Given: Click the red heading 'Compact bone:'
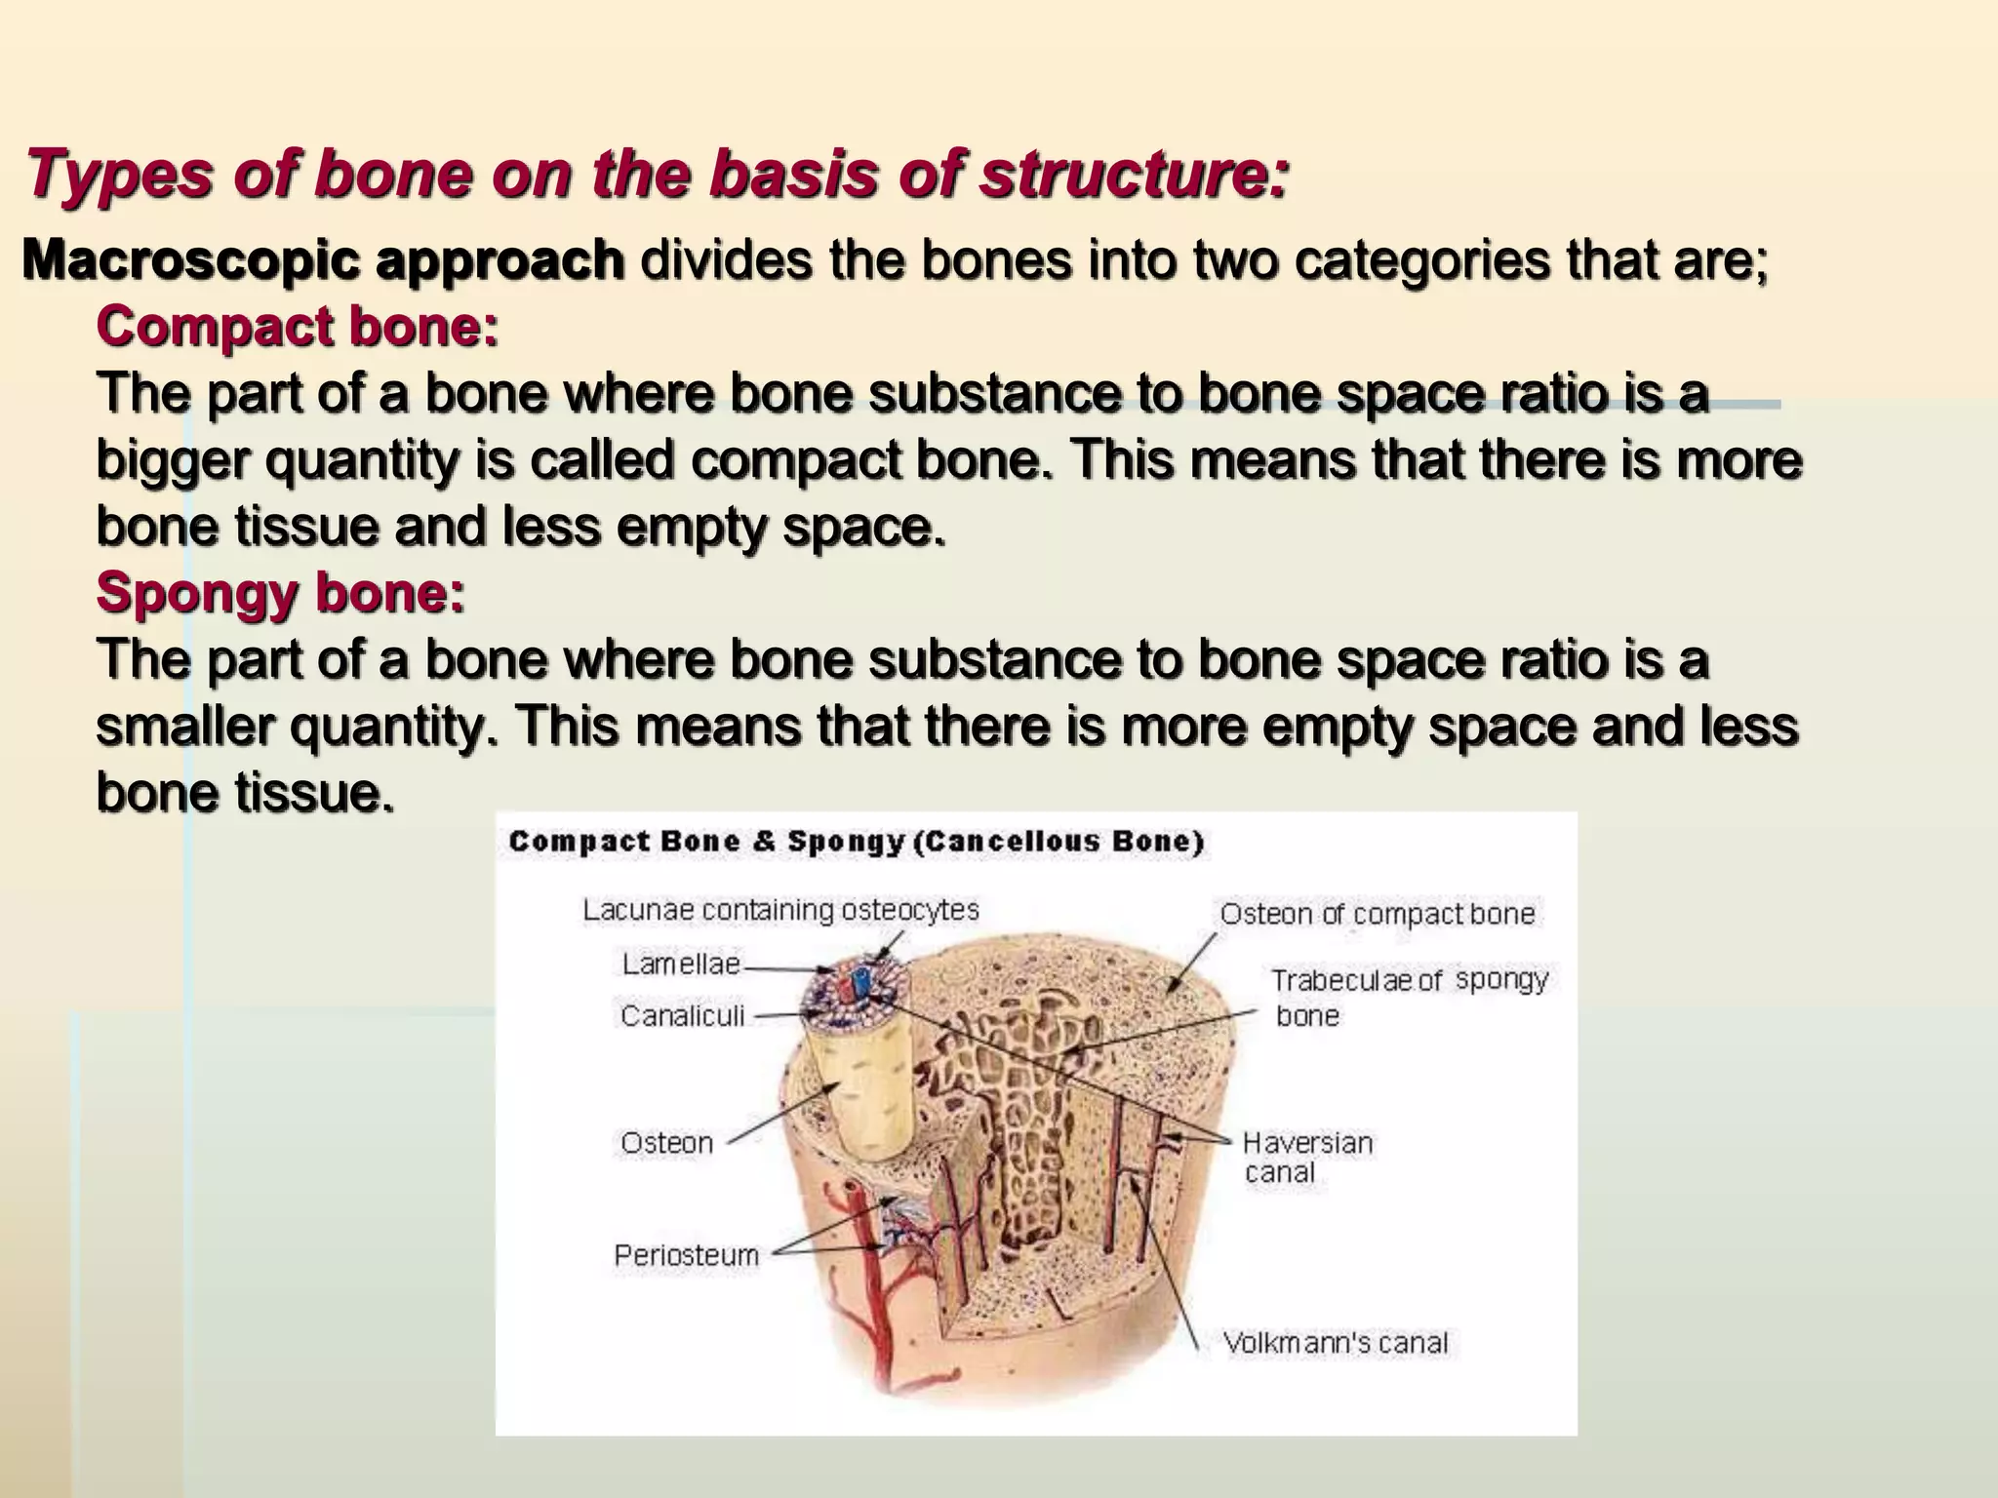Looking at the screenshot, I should (x=298, y=327).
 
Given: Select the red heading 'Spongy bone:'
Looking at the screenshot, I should (x=281, y=592).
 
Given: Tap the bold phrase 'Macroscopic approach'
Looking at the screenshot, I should (x=323, y=260).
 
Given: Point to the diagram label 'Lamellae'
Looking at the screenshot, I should (x=681, y=965).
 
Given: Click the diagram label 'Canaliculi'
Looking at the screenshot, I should (x=682, y=1016).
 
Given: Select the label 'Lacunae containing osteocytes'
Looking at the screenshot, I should (x=780, y=910).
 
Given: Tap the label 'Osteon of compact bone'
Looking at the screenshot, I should (x=1377, y=914).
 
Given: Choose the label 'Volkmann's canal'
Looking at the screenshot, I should (x=1335, y=1343).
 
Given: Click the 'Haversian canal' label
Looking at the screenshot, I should (x=1306, y=1157).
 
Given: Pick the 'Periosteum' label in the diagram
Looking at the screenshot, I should (x=686, y=1255).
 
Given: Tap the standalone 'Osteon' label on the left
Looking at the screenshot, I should (x=666, y=1142).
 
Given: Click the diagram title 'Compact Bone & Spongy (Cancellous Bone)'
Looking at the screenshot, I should (x=856, y=842).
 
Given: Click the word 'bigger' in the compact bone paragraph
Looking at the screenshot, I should (x=173, y=460).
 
